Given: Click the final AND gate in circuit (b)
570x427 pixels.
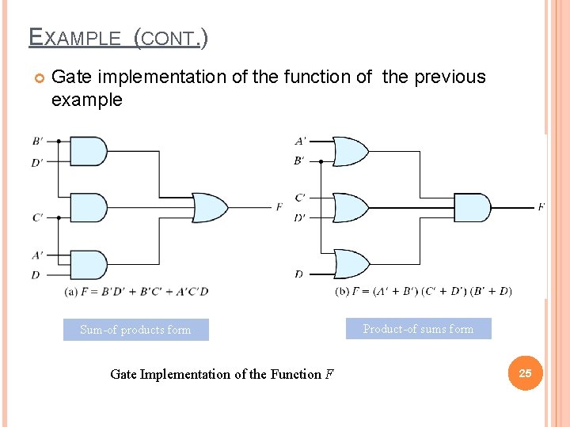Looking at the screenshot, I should click(x=472, y=207).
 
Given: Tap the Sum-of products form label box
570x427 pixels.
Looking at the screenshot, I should click(x=135, y=330).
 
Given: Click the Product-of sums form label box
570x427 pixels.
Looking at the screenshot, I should click(x=418, y=329).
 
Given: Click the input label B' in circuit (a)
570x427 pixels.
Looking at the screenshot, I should click(x=38, y=142).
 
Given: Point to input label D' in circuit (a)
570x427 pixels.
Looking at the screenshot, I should click(x=38, y=162).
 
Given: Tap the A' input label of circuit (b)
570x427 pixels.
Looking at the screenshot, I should click(x=300, y=142).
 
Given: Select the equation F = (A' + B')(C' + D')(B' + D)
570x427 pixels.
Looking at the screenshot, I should click(x=424, y=291).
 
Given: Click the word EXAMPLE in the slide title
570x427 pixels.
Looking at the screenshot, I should click(x=75, y=37).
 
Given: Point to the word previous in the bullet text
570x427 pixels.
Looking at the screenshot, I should click(x=446, y=77).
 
